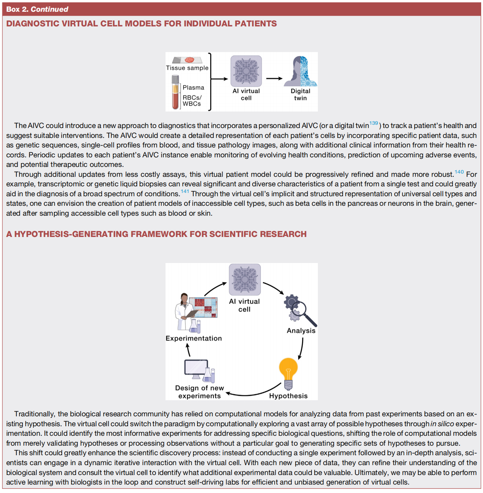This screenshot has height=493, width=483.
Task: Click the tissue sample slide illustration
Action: (187, 60)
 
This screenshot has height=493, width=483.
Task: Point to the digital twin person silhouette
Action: (300, 72)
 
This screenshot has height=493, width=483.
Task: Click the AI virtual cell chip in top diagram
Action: (246, 71)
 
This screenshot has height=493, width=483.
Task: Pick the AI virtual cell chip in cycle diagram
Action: (245, 280)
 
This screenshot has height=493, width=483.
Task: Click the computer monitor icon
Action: (196, 369)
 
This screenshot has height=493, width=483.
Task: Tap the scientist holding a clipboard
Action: (185, 312)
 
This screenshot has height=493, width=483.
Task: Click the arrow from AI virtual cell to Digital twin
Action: (274, 78)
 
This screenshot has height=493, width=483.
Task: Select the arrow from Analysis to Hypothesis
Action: (301, 348)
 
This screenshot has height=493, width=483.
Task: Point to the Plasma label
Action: (193, 88)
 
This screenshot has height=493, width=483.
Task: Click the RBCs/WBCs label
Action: (192, 101)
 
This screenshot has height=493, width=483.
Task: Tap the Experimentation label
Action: (194, 338)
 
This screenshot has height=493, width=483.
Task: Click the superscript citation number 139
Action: (374, 123)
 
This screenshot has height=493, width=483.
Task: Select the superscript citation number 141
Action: (185, 191)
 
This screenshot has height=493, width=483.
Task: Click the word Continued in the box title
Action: (49, 9)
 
